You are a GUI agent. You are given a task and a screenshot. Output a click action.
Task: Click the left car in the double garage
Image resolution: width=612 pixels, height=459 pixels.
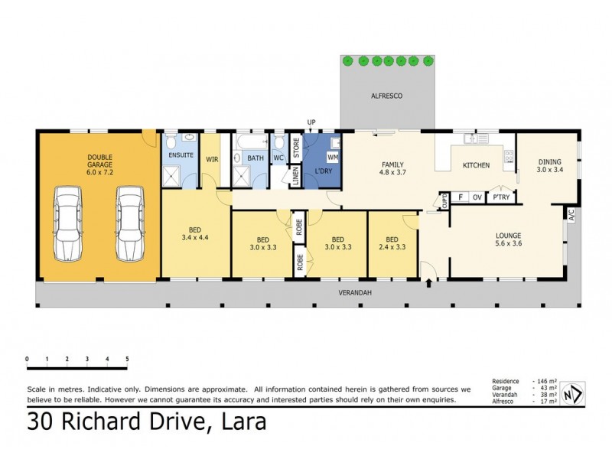click(67, 224)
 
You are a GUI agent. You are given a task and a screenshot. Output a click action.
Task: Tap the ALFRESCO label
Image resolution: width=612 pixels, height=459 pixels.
click(387, 96)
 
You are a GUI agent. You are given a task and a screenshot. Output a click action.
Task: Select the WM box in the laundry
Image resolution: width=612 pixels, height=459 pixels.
click(334, 157)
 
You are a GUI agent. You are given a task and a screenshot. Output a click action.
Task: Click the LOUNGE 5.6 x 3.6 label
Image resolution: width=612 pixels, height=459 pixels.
click(508, 239)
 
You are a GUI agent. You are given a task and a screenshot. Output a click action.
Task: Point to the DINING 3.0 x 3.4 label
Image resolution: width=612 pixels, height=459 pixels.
click(549, 166)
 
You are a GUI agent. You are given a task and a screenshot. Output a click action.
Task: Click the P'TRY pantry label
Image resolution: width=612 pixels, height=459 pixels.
click(501, 197)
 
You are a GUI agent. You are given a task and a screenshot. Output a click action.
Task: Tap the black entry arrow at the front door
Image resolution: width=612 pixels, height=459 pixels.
click(428, 285)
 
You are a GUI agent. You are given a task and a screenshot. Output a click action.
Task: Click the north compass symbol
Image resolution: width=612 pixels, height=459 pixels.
click(569, 394)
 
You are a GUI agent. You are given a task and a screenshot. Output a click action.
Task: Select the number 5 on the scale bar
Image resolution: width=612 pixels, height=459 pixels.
click(127, 358)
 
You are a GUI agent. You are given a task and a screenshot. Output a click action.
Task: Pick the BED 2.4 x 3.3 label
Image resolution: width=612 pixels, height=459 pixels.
click(392, 243)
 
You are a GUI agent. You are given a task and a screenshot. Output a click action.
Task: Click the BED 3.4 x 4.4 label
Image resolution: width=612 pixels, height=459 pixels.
click(194, 231)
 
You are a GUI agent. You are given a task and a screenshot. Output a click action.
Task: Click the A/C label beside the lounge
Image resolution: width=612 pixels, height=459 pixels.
click(570, 217)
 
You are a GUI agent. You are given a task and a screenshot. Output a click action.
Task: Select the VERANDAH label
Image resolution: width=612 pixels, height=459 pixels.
click(354, 293)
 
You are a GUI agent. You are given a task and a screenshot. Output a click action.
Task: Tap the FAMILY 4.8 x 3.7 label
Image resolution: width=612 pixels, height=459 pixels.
click(392, 169)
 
